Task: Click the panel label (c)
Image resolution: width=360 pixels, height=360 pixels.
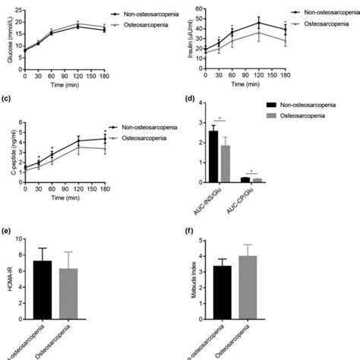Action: pyautogui.click(x=5, y=99)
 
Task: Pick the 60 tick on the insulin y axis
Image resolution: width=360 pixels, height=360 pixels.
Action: pyautogui.click(x=198, y=8)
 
